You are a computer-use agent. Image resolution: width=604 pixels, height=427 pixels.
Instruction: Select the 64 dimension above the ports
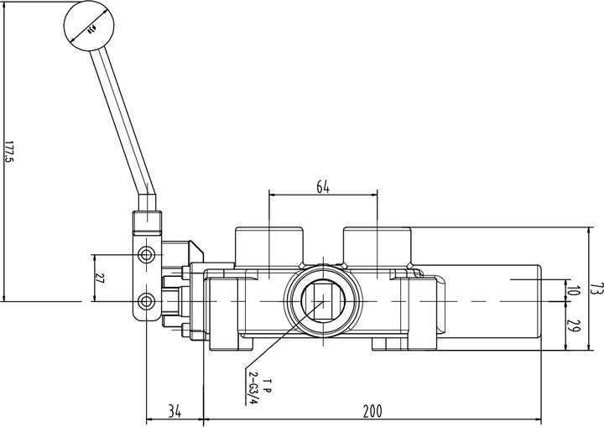[x=322, y=186]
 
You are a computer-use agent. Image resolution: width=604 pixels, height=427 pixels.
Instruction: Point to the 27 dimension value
[x=100, y=278]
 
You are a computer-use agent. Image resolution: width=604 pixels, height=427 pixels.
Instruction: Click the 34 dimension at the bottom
[x=174, y=411]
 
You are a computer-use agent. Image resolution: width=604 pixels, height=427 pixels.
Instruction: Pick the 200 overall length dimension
[x=372, y=411]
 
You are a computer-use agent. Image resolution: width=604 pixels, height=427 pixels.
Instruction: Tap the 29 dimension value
[x=574, y=325]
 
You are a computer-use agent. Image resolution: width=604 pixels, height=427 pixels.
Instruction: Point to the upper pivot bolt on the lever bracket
[x=148, y=254]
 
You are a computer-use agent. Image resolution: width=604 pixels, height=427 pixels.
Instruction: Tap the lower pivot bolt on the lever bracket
[x=148, y=301]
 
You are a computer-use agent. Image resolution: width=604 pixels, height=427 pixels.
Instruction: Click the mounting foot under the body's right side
[x=391, y=343]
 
